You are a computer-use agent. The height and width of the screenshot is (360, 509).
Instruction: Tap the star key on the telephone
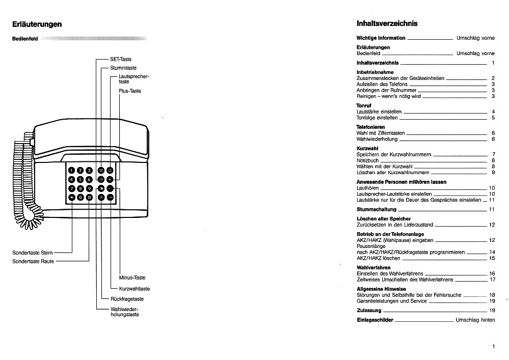click(x=72, y=197)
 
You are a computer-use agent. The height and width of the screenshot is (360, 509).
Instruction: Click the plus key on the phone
click(x=110, y=179)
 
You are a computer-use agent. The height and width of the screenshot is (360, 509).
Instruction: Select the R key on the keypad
click(x=101, y=197)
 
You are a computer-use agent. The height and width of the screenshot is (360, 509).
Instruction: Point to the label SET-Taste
click(x=121, y=60)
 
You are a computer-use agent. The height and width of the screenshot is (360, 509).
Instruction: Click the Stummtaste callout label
click(x=123, y=68)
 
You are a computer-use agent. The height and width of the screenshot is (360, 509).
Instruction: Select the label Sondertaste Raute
click(x=33, y=261)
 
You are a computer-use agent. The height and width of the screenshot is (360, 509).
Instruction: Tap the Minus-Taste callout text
click(x=132, y=278)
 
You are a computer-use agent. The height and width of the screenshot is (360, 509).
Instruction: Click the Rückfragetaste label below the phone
click(x=127, y=299)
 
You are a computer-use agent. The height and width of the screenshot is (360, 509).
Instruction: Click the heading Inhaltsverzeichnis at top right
click(x=387, y=23)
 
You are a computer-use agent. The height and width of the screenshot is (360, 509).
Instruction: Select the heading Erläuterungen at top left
click(x=37, y=24)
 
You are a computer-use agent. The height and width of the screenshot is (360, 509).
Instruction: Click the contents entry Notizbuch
click(x=368, y=160)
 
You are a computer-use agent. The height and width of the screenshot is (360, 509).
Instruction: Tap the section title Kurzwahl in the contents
click(x=367, y=148)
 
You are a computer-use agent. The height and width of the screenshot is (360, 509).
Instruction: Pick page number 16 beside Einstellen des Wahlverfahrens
click(x=492, y=273)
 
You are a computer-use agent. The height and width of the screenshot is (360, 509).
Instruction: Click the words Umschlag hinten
click(x=475, y=320)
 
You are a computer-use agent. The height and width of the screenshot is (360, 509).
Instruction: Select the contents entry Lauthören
click(x=367, y=188)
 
